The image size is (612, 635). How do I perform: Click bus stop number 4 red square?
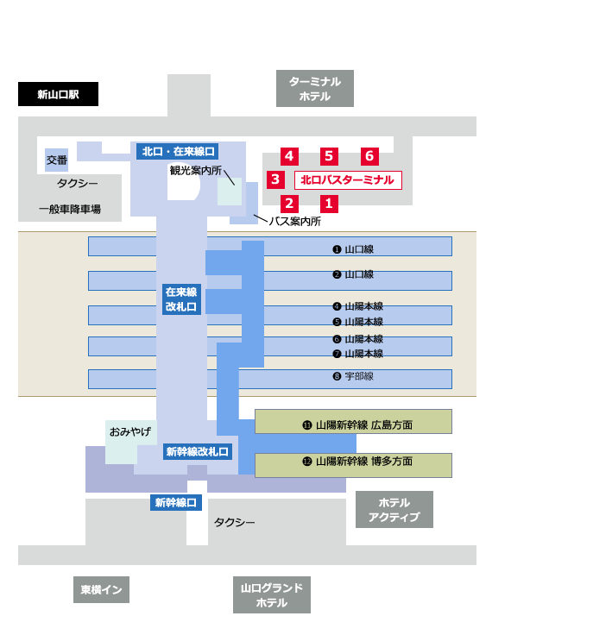289,156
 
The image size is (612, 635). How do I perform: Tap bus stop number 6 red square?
369,156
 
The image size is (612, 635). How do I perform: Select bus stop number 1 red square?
328,204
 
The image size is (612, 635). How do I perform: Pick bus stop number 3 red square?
275,179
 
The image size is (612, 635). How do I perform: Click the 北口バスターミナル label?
348,180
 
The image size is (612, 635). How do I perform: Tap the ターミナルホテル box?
315,89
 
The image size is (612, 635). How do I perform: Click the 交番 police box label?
56,160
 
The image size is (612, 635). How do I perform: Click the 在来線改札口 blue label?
181,299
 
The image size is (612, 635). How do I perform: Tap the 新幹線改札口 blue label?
198,451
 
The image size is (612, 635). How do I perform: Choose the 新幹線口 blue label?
176,502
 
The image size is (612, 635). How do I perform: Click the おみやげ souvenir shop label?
129,431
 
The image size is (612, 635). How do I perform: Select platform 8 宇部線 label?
353,377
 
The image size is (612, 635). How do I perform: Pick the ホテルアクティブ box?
394,510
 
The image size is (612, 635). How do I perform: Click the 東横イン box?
101,590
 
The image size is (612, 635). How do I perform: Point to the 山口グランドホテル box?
272,595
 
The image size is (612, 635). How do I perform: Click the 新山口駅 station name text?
58,95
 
